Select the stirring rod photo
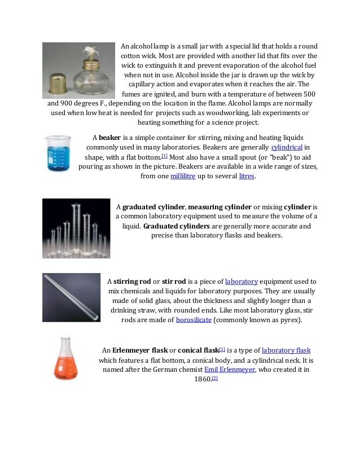coord(71,297)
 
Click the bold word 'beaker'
coord(111,137)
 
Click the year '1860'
coord(202,380)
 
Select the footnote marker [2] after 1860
coord(214,378)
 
